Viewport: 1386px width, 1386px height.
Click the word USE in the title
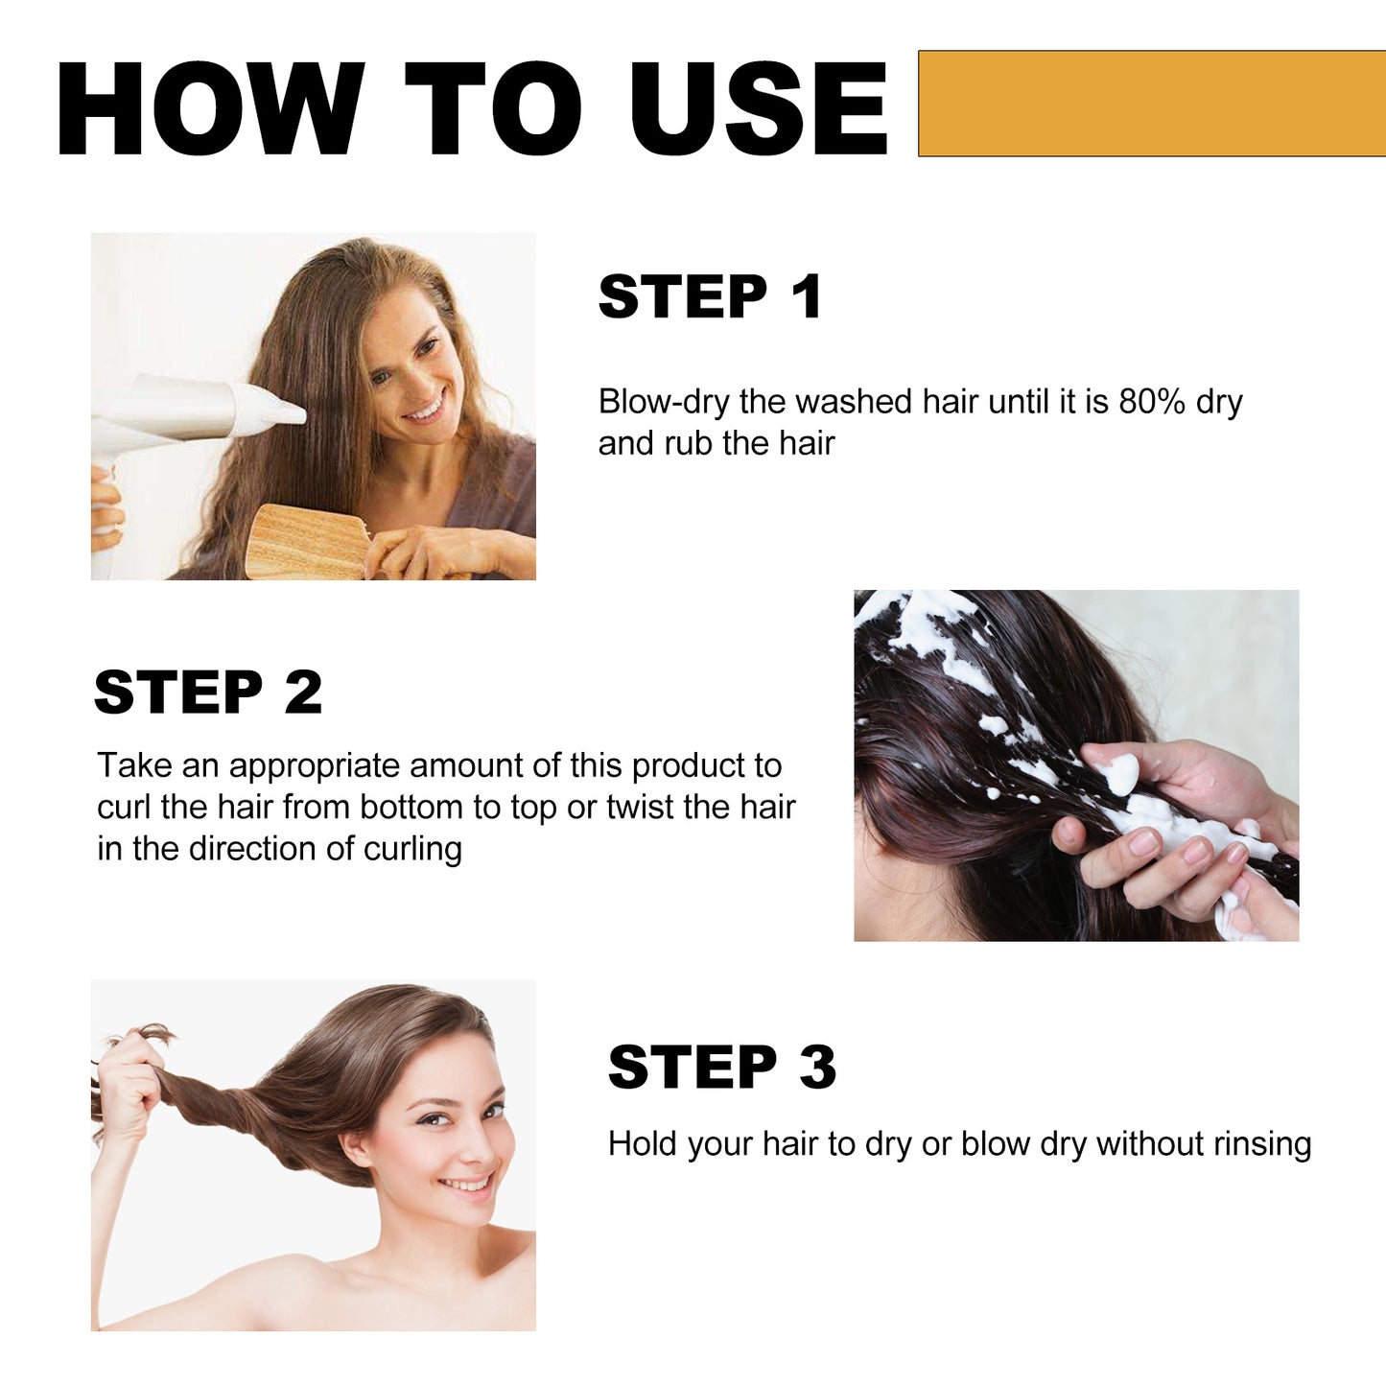click(x=758, y=108)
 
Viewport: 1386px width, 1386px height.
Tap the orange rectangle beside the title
click(x=1151, y=104)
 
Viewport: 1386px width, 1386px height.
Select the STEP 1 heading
click(x=710, y=296)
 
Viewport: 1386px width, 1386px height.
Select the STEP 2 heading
click(x=208, y=692)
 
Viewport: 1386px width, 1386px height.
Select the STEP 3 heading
click(x=721, y=1067)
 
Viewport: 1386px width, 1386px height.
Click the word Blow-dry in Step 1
click(x=664, y=402)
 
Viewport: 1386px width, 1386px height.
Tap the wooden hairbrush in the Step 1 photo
click(x=307, y=542)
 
